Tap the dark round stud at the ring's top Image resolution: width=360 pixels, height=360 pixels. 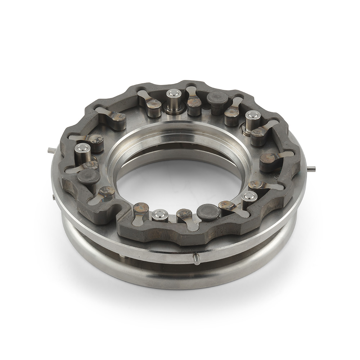click(217, 98)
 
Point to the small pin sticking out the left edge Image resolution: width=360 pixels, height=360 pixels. click(51, 151)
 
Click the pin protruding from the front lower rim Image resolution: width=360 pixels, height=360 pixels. click(196, 258)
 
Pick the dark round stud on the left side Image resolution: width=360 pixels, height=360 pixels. click(89, 177)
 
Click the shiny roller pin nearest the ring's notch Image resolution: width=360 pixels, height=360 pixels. click(160, 215)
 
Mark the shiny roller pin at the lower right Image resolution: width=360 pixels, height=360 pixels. click(249, 197)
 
